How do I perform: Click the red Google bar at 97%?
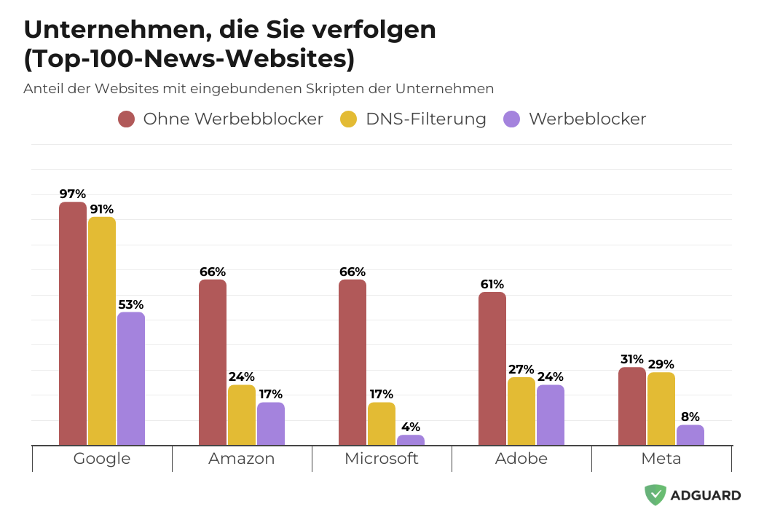73,323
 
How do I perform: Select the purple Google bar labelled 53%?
131,379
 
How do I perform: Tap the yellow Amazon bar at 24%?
242,415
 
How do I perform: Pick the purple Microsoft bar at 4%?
411,440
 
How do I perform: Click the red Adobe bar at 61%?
492,368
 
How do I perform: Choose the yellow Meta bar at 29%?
661,409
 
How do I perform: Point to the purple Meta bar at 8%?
690,435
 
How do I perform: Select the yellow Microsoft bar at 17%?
382,424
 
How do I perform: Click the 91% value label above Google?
102,209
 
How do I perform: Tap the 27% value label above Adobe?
521,369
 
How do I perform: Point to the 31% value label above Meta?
631,359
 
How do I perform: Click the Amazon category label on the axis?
242,459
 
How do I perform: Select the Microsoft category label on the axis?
382,459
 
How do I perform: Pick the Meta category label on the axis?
661,459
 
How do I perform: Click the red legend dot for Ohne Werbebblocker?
127,119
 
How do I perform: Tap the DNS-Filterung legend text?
426,119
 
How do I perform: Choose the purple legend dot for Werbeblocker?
512,119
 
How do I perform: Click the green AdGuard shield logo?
655,495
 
